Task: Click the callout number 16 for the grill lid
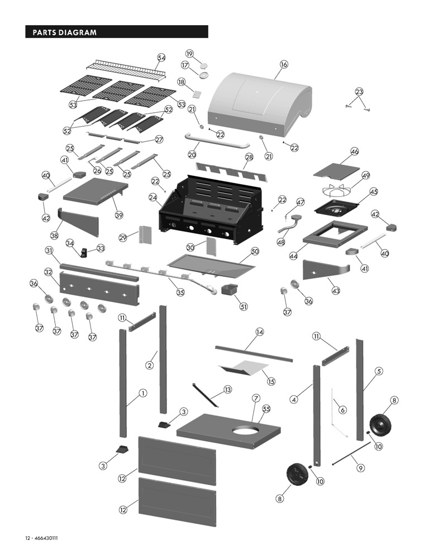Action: (284, 64)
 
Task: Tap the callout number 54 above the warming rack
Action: (161, 58)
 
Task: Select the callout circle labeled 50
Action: (255, 252)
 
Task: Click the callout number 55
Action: (266, 409)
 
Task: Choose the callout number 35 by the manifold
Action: (180, 291)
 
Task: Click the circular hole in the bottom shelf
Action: (246, 431)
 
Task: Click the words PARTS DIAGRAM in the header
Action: (65, 32)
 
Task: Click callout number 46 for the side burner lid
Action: (354, 151)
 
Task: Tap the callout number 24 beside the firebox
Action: (152, 197)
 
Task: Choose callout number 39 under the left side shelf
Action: (118, 215)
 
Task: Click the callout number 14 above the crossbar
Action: (259, 332)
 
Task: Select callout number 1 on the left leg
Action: (143, 393)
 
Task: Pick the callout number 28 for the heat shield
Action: (249, 158)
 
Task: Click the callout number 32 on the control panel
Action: (49, 272)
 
